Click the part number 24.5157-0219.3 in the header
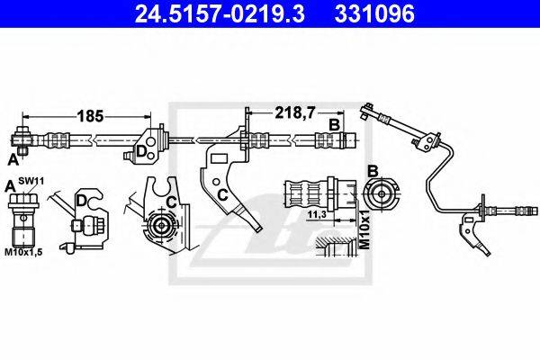tap(220, 13)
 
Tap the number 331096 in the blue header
tap(374, 13)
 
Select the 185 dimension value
tap(90, 116)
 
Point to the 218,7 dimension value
tap(295, 112)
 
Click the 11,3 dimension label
tap(317, 214)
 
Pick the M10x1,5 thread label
tap(23, 252)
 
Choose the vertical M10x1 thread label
tap(364, 229)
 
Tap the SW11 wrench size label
tap(31, 181)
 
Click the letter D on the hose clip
tap(142, 151)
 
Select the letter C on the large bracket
tap(223, 195)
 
